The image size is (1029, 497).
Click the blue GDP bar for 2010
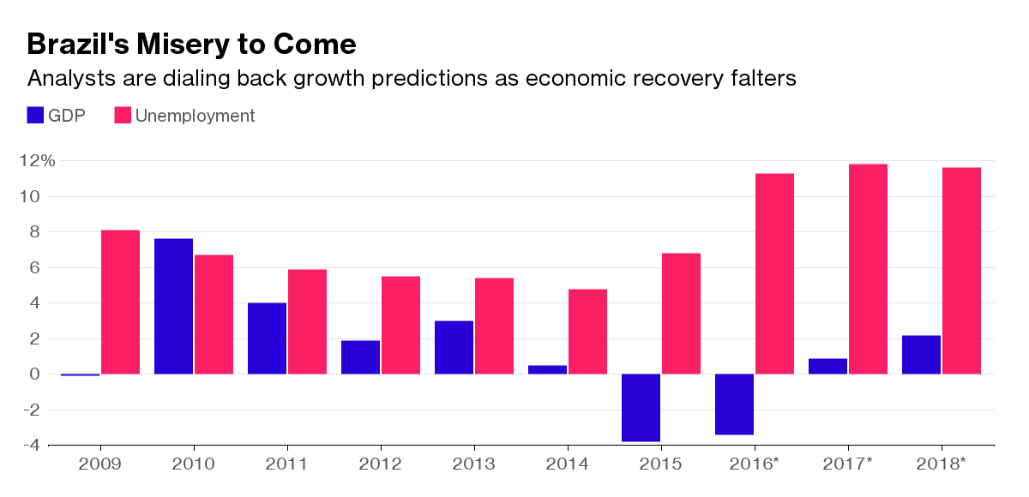point(173,306)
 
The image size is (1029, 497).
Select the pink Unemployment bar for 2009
point(120,302)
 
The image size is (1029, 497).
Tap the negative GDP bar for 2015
point(641,408)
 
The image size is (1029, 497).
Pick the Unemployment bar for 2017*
point(868,269)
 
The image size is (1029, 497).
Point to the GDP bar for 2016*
point(734,404)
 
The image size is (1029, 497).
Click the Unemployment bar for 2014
point(587,332)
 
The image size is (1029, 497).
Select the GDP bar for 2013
point(454,347)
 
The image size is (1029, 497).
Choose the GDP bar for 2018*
point(921,354)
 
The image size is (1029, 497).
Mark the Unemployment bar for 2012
point(400,325)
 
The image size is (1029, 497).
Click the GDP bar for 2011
point(267,338)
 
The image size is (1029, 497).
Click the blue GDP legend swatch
point(36,116)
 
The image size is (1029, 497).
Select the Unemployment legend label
point(195,116)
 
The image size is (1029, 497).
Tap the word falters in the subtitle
point(759,79)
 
